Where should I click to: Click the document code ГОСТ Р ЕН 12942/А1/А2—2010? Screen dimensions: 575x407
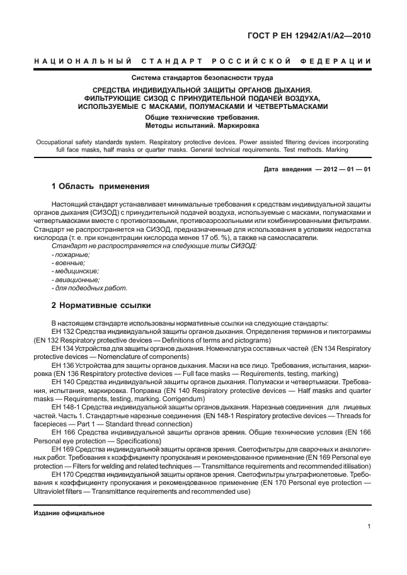307,36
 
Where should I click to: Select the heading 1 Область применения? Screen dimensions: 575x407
100,186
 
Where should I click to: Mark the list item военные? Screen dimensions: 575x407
69,262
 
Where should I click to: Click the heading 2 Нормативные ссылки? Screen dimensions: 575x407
101,305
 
